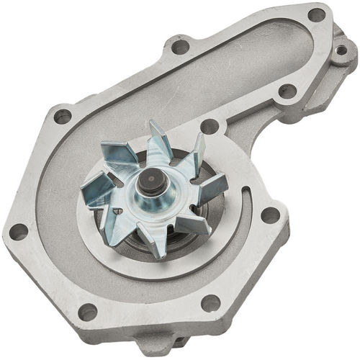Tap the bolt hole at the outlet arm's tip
(316, 14)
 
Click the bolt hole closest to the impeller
(210, 126)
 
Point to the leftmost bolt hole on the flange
(17, 232)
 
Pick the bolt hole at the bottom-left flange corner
(87, 311)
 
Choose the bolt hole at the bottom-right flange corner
(210, 303)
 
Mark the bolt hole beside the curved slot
(271, 214)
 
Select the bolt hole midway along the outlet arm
(287, 91)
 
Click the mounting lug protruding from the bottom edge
(155, 344)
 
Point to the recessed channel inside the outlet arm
(238, 65)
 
